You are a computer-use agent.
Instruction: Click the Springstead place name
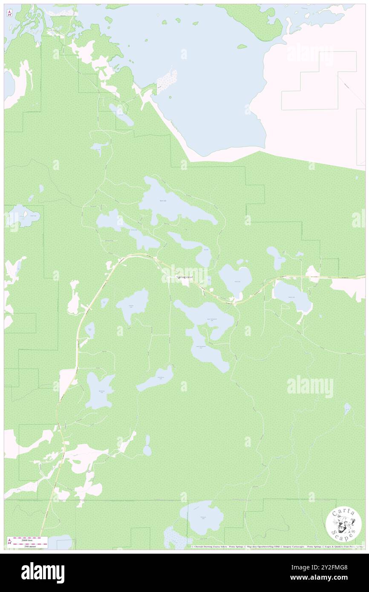(x=184, y=278)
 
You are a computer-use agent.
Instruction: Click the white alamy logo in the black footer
(x=43, y=572)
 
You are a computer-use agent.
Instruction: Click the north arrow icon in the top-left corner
(x=9, y=14)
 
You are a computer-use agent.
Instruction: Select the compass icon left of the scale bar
(x=9, y=541)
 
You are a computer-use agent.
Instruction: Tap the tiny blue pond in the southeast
(x=347, y=409)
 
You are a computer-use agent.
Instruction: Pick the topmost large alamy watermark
(x=310, y=55)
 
